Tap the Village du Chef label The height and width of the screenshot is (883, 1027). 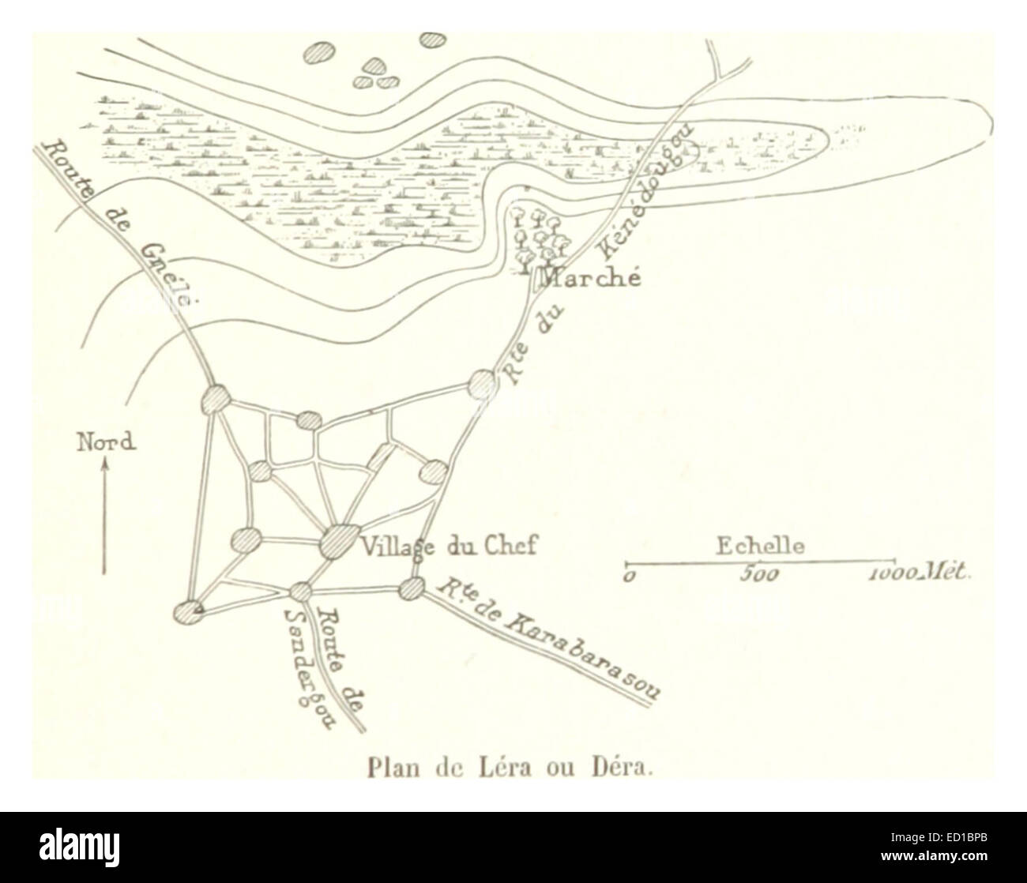click(x=448, y=545)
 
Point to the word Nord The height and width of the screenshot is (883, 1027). click(x=105, y=441)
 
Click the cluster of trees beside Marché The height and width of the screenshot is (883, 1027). click(x=540, y=236)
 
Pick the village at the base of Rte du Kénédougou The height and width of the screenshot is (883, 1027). click(x=482, y=384)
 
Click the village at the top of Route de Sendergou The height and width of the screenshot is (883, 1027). click(x=300, y=590)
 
